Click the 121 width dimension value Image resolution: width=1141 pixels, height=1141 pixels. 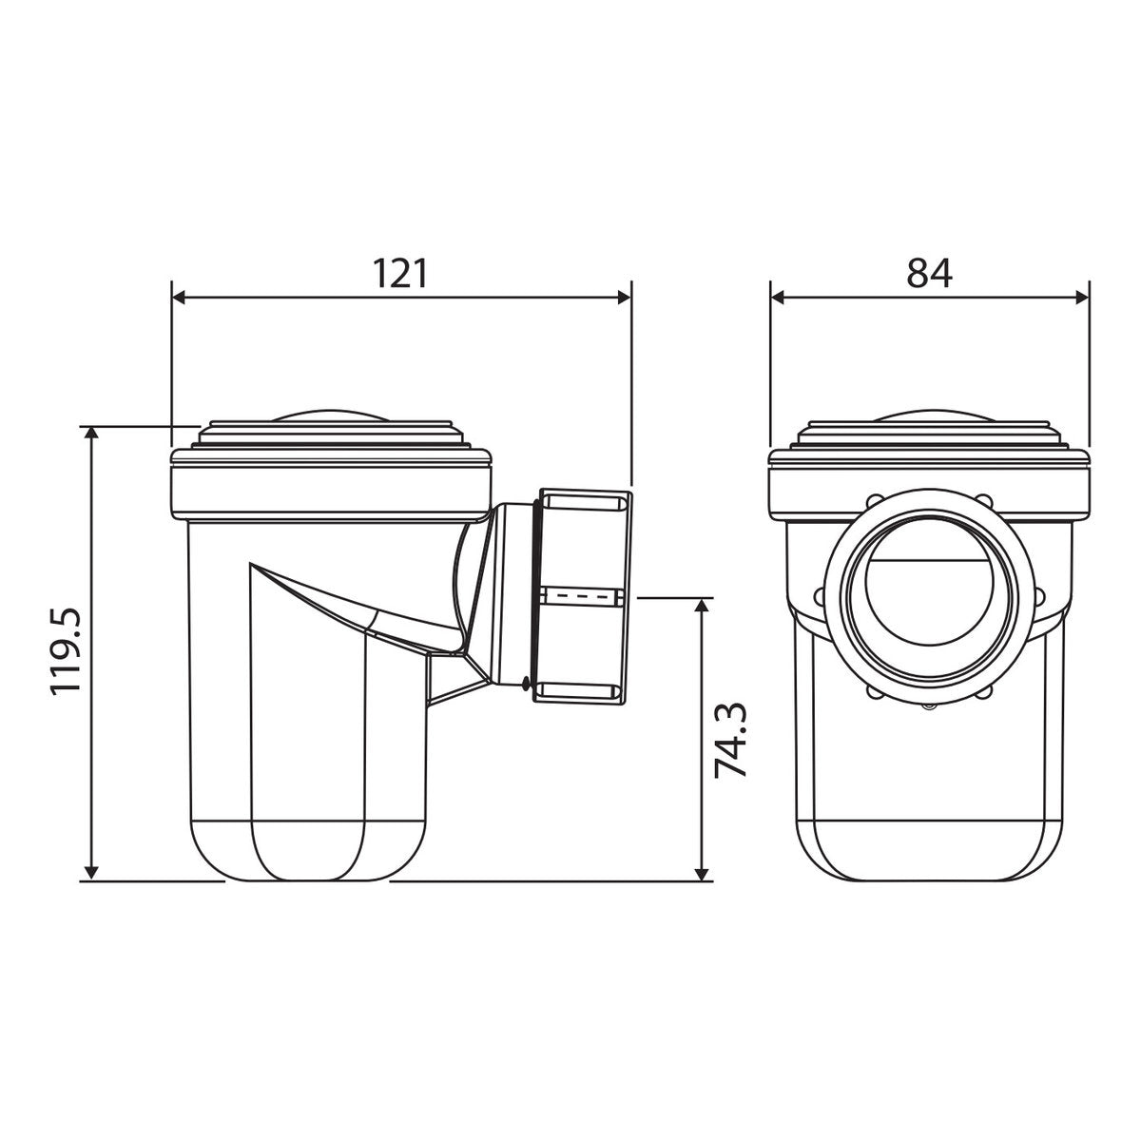(399, 274)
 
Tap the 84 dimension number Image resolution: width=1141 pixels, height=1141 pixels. (930, 274)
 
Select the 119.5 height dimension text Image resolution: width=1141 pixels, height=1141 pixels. (66, 650)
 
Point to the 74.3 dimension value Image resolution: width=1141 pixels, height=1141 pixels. (730, 740)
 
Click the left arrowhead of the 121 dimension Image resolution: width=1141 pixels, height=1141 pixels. (178, 298)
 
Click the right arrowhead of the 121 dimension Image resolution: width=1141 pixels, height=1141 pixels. (624, 298)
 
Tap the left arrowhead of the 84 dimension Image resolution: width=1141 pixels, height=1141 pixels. (778, 298)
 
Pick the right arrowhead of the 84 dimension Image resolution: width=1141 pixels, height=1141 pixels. (1082, 298)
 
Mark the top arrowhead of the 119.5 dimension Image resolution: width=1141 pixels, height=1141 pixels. (90, 433)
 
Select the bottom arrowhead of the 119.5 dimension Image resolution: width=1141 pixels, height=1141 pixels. (90, 872)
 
